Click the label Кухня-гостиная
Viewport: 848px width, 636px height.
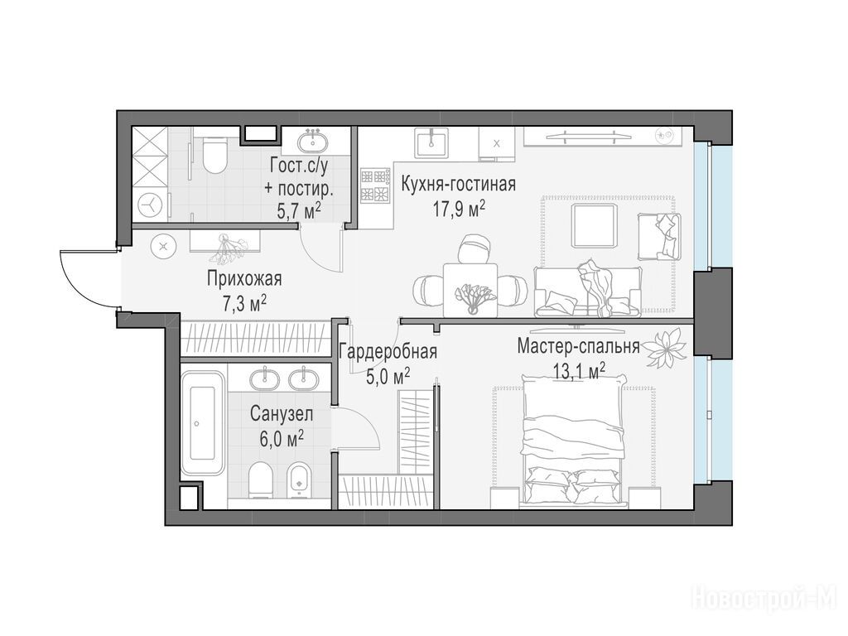pos(458,185)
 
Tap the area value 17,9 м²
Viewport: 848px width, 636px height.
pos(458,209)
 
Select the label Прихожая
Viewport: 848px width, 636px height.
pos(244,279)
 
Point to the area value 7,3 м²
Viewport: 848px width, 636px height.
pos(244,304)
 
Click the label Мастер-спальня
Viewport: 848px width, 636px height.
pos(578,345)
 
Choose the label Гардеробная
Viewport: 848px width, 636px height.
pos(388,352)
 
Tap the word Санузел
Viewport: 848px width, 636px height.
pos(282,415)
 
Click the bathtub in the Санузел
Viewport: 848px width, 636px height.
pos(202,422)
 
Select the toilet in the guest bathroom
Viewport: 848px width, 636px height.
pos(216,154)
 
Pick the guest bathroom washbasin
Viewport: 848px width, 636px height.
pos(312,142)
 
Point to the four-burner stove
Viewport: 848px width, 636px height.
pos(376,185)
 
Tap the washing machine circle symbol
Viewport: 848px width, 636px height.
pos(149,205)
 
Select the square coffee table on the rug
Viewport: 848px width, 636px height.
pos(593,225)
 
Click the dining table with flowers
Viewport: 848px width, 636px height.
pos(470,288)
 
